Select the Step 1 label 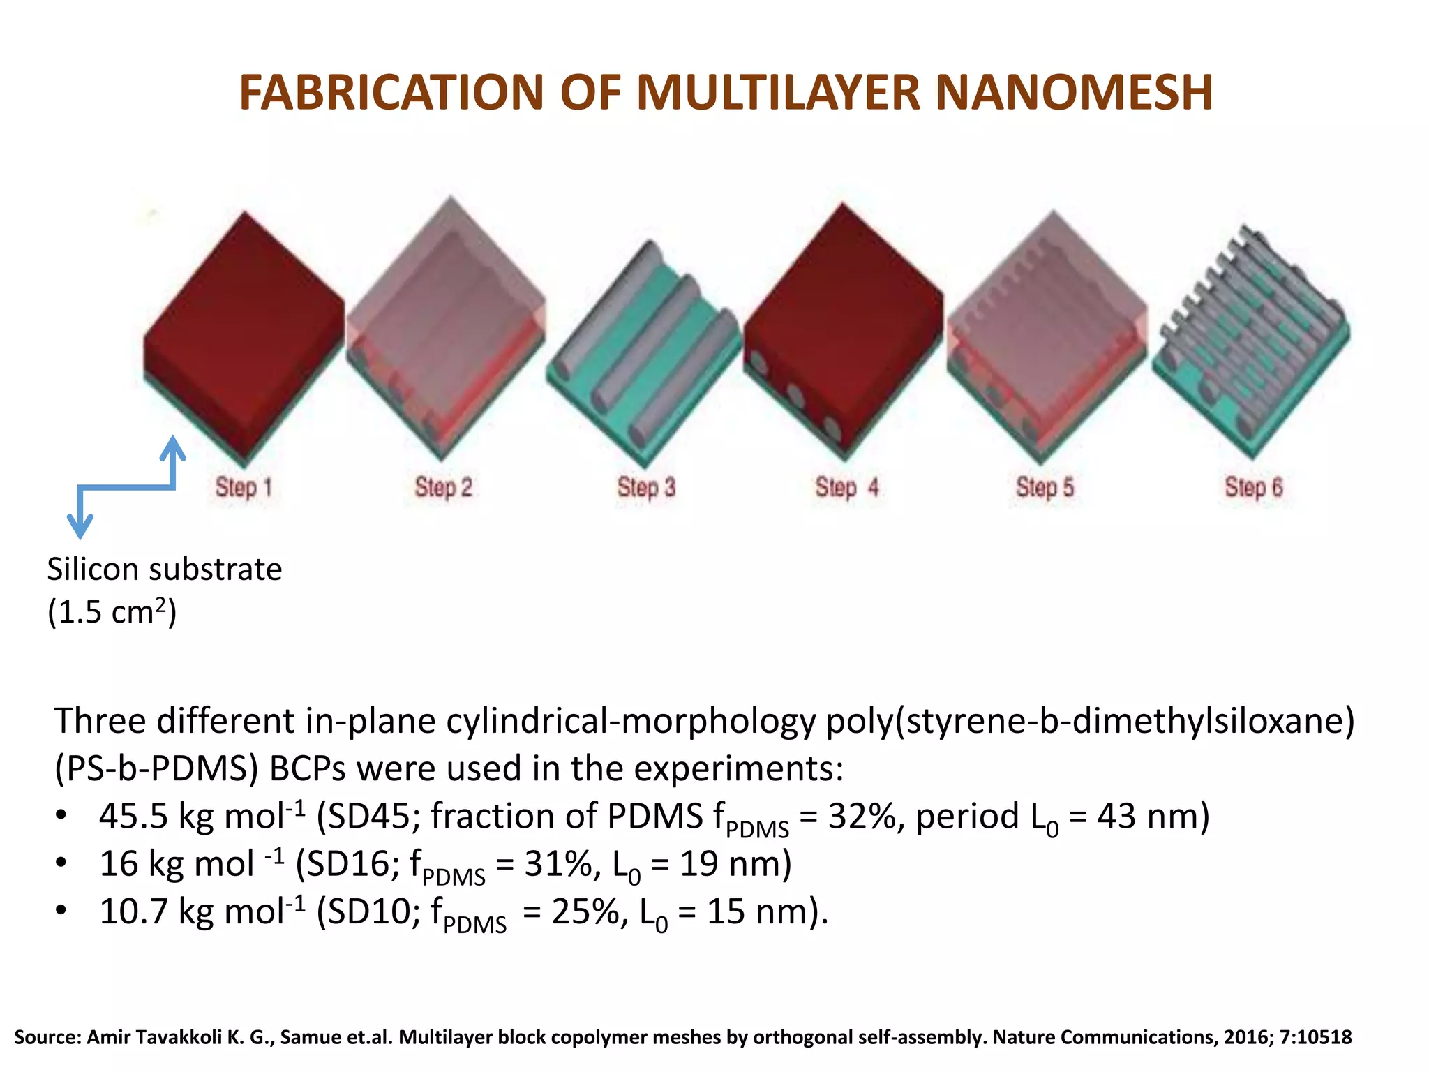click(x=244, y=487)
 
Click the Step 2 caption click(x=444, y=487)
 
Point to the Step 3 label click(x=646, y=487)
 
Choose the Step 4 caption click(x=846, y=487)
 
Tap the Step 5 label click(x=1045, y=487)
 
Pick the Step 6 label click(x=1253, y=487)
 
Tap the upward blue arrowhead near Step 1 click(x=172, y=447)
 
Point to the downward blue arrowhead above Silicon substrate click(x=80, y=527)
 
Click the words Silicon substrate click(x=165, y=569)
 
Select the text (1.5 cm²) click(x=112, y=613)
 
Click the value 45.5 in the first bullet click(x=133, y=816)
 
